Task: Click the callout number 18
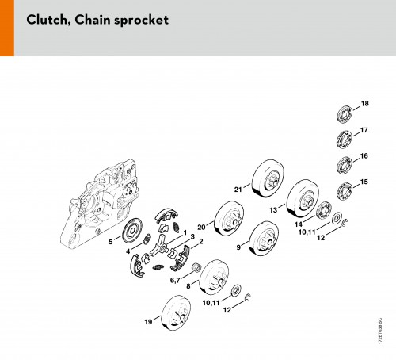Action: pyautogui.click(x=364, y=104)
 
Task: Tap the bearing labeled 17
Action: pyautogui.click(x=345, y=140)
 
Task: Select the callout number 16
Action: pyautogui.click(x=364, y=156)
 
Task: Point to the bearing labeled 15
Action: pyautogui.click(x=345, y=191)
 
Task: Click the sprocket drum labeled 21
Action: pyautogui.click(x=268, y=178)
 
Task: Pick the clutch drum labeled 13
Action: pyautogui.click(x=303, y=198)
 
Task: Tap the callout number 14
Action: pyautogui.click(x=299, y=224)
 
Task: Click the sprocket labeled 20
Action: pyautogui.click(x=229, y=218)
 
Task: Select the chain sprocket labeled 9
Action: pyautogui.click(x=264, y=239)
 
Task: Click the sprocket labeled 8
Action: pyautogui.click(x=214, y=277)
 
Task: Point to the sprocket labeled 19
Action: pyautogui.click(x=176, y=312)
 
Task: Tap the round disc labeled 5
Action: pyautogui.click(x=132, y=230)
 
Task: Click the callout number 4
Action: pyautogui.click(x=128, y=251)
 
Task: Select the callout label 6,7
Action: pyautogui.click(x=175, y=280)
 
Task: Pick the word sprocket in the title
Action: pyautogui.click(x=141, y=21)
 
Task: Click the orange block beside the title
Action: pyautogui.click(x=7, y=28)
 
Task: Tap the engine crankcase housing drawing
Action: pyautogui.click(x=99, y=204)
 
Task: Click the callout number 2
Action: pyautogui.click(x=201, y=241)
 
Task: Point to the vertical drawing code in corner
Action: pyautogui.click(x=380, y=331)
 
